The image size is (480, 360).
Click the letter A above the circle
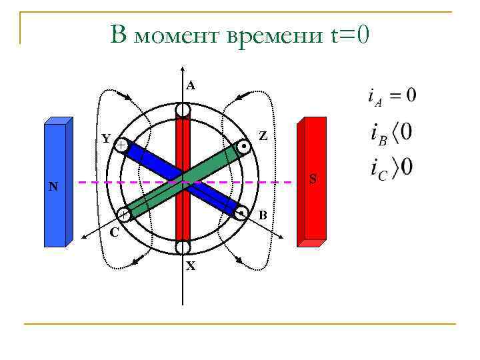(191, 85)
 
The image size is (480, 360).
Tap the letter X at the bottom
(191, 266)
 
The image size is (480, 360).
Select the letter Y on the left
(106, 139)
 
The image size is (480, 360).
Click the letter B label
(263, 215)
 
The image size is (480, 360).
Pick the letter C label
(115, 233)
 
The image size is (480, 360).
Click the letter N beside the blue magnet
(53, 187)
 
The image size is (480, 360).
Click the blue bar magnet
(57, 183)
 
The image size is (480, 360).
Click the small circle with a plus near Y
(121, 145)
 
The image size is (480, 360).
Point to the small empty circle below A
(183, 111)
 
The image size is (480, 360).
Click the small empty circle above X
(183, 247)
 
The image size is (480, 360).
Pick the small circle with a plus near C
(124, 215)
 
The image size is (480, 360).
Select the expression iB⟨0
(391, 131)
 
